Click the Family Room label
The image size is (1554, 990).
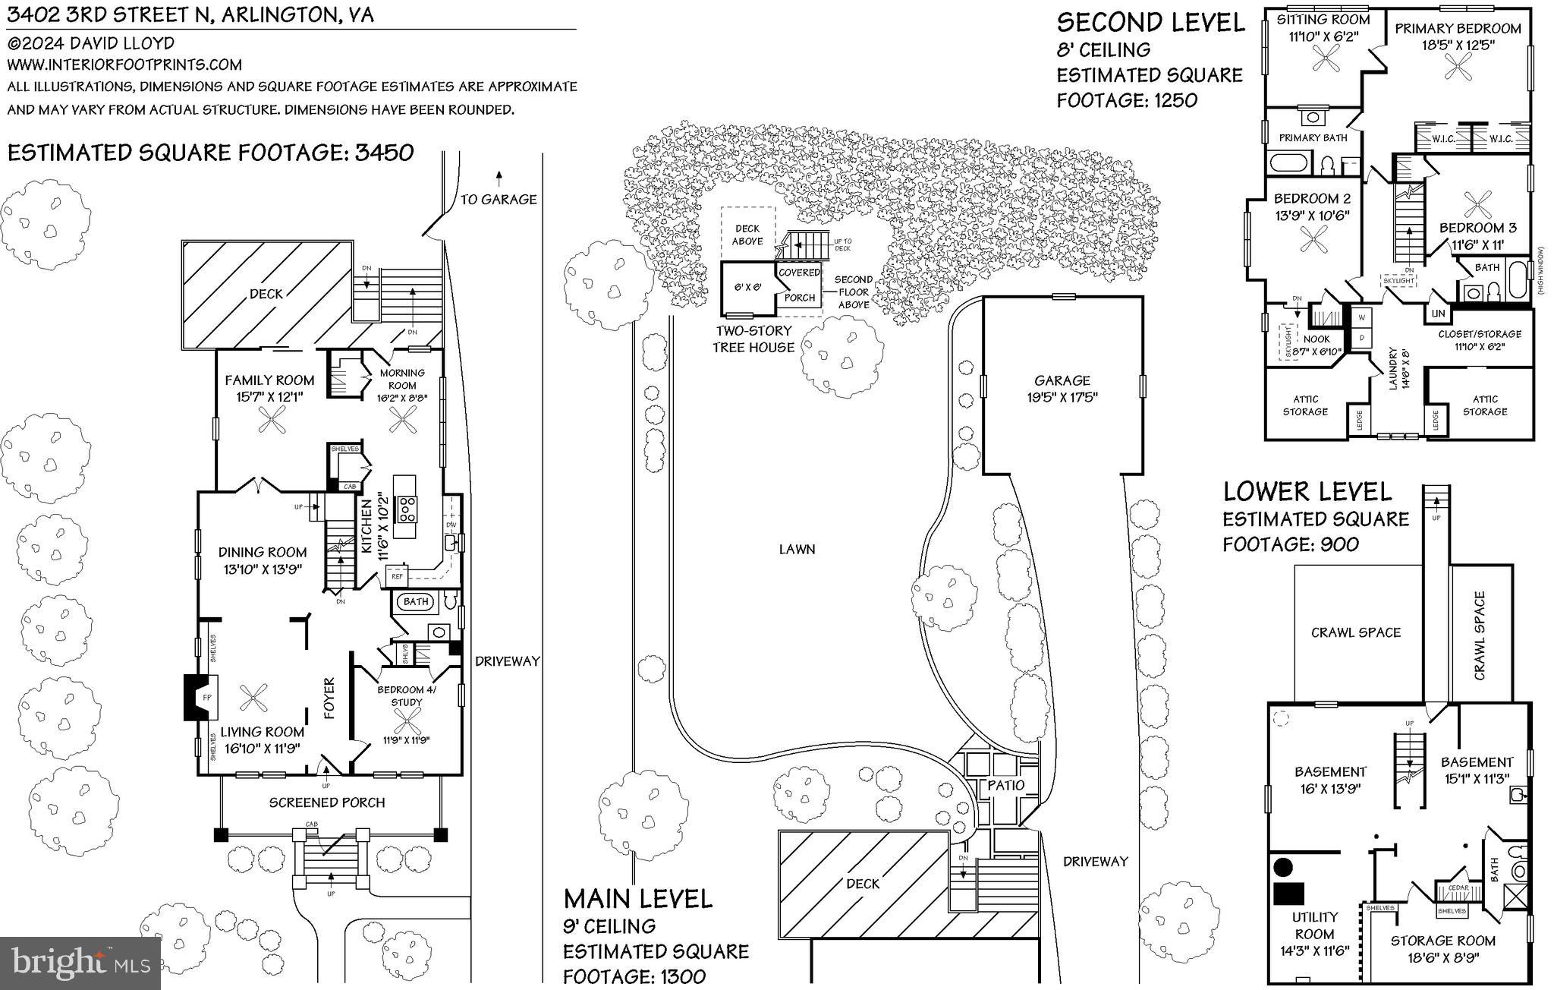coord(269,380)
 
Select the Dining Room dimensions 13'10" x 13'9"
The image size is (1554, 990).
coord(263,569)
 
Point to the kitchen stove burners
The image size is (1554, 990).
coord(407,508)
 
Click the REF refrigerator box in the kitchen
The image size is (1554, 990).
coord(398,576)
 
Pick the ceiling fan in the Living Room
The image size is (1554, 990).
coord(253,697)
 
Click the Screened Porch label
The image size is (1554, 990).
coord(327,802)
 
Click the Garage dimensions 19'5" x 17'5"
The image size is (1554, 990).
coord(1062,397)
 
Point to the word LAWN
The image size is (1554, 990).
coord(797,549)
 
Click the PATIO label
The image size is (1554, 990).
coord(1006,785)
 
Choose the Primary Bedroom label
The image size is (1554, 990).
coord(1458,29)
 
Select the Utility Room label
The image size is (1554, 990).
coord(1315,925)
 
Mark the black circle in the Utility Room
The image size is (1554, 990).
coord(1283,866)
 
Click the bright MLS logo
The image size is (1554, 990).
coord(80,963)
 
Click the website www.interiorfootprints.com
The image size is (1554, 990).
coord(124,65)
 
